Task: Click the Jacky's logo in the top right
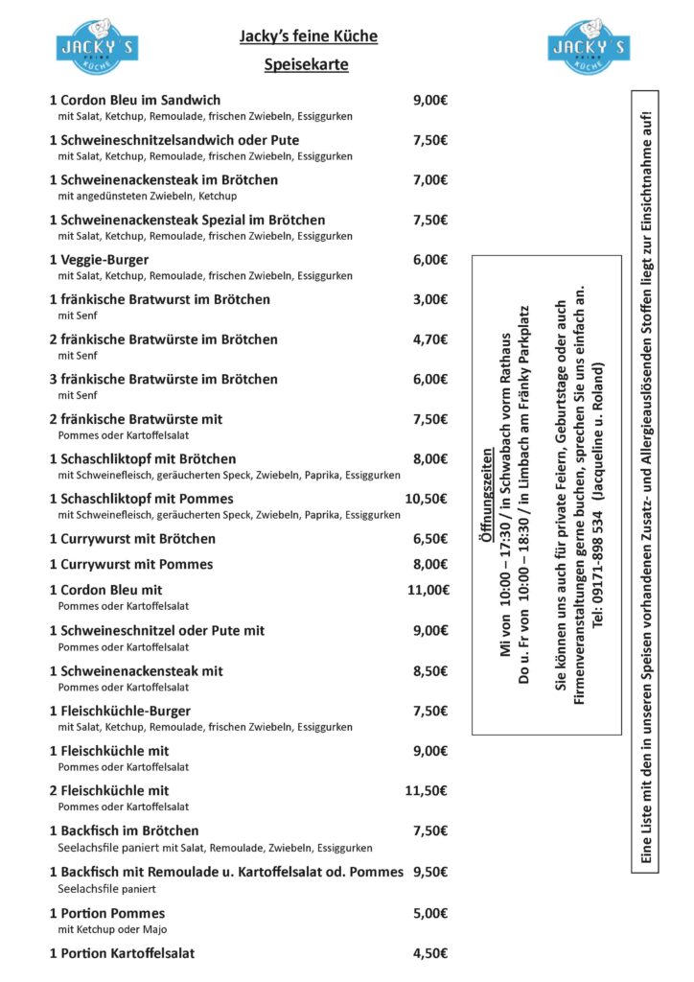(x=589, y=46)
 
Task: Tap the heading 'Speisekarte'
(x=307, y=66)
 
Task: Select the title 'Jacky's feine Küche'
(x=308, y=36)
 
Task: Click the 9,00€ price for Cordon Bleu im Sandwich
(x=430, y=100)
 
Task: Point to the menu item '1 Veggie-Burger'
(x=99, y=260)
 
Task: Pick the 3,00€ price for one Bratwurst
(x=430, y=299)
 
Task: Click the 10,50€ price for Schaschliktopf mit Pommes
(x=427, y=499)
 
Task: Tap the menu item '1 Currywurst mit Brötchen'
(x=132, y=539)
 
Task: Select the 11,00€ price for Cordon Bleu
(x=428, y=590)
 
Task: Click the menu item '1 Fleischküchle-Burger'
(x=120, y=712)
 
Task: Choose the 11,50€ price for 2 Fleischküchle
(x=427, y=790)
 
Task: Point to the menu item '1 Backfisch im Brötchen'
(x=125, y=830)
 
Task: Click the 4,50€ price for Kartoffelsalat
(x=430, y=953)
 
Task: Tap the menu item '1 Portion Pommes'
(x=107, y=913)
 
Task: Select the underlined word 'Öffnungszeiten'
(x=486, y=497)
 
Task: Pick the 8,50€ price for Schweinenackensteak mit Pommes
(x=430, y=671)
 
